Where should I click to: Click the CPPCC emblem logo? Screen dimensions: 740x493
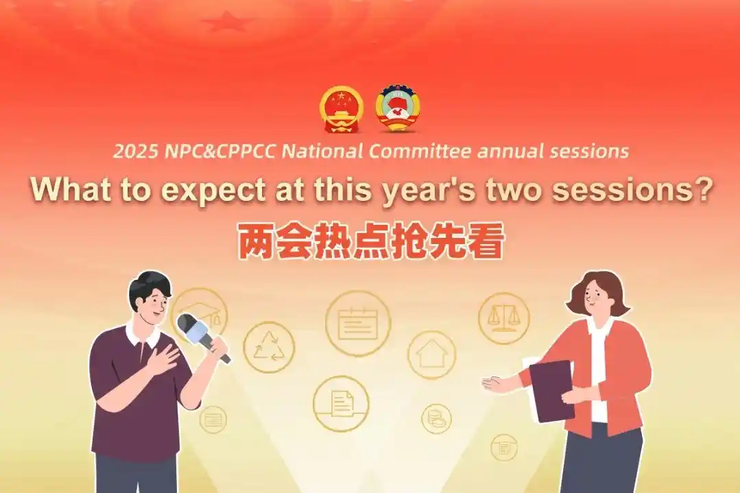398,108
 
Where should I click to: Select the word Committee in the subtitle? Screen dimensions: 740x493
420,152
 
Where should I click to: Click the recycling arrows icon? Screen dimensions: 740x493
269,347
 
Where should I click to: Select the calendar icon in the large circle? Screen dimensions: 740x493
358,323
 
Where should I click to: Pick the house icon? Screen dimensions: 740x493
431,354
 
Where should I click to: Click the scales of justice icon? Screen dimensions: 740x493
503,317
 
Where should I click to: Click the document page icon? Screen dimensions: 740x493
342,403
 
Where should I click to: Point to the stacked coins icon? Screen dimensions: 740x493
436,418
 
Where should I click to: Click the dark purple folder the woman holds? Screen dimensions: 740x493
551,389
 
